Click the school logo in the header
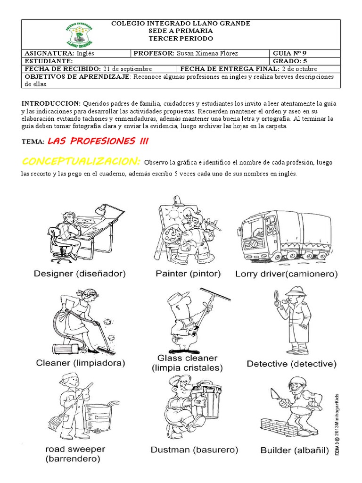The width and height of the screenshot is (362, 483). [79, 34]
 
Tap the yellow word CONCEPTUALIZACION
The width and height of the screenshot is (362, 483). [81, 162]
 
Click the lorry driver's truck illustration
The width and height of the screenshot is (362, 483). [284, 234]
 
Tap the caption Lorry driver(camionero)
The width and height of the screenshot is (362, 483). [287, 273]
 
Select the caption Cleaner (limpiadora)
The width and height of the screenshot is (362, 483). [80, 363]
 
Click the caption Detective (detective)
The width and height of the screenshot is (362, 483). [291, 364]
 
